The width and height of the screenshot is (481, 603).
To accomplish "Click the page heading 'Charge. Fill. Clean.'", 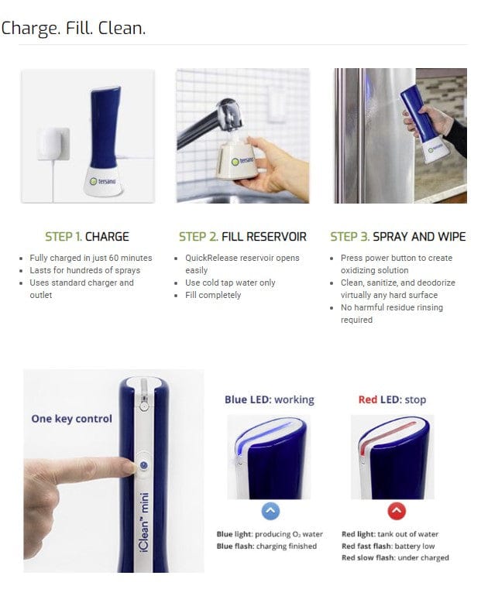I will (74, 29).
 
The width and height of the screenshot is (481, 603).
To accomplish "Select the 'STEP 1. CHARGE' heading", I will (87, 236).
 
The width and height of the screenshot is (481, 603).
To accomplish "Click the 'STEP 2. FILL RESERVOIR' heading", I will (242, 236).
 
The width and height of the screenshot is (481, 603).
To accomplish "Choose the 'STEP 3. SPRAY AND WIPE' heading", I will (397, 236).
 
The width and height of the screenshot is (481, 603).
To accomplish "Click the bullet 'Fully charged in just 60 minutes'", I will (91, 258).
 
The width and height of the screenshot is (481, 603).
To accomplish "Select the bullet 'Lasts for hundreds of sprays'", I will (84, 270).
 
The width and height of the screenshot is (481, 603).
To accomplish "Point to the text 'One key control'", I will (71, 419).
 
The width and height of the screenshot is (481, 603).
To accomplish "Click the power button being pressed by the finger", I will (143, 465).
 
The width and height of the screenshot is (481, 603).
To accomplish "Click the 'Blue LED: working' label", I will (269, 400).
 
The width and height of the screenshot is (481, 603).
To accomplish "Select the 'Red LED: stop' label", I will (392, 400).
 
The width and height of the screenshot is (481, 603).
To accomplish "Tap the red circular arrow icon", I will (395, 511).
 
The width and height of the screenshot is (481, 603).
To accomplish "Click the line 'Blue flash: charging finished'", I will (266, 546).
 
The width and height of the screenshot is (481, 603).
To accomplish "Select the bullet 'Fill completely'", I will (212, 295).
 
